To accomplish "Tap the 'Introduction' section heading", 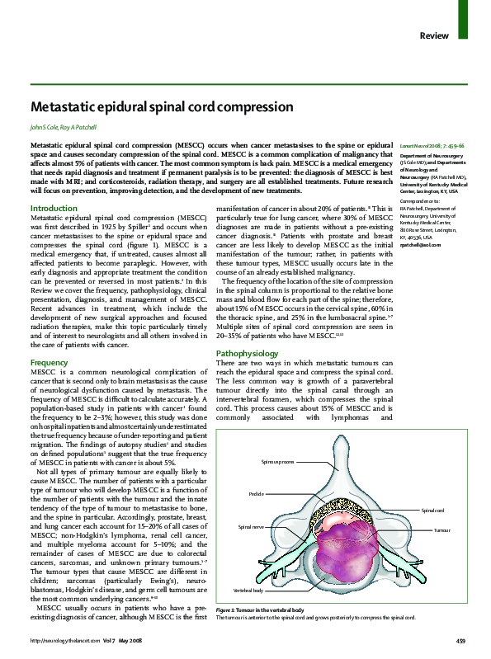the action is (54, 209).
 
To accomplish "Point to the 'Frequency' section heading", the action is (49, 363).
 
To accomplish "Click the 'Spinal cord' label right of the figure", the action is (434, 511).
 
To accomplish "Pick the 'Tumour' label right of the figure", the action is (441, 530).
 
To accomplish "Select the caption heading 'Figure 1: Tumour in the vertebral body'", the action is (259, 610).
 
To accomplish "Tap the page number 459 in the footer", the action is (461, 641).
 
